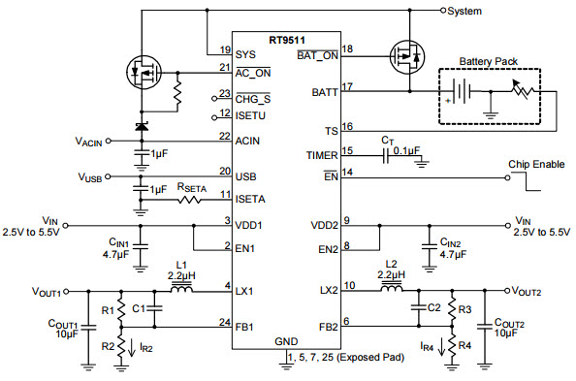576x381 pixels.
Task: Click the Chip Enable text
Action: point(536,164)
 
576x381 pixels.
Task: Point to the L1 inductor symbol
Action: point(181,289)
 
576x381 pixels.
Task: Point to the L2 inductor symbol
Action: point(391,289)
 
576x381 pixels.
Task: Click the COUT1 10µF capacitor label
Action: point(66,329)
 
